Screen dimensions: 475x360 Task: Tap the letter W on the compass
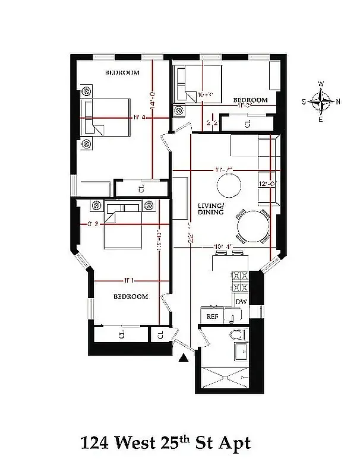[321, 84]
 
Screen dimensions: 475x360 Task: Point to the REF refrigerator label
[212, 316]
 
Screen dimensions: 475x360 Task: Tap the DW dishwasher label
[241, 302]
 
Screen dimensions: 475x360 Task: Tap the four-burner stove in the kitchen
[240, 281]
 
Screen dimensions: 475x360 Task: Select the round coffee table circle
[229, 185]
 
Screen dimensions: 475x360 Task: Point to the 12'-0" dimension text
[265, 184]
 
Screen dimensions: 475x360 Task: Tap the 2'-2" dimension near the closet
[212, 123]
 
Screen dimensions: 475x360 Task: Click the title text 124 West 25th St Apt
[165, 443]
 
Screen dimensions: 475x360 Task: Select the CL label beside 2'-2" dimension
[248, 123]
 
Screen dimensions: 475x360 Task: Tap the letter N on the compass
[339, 102]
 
